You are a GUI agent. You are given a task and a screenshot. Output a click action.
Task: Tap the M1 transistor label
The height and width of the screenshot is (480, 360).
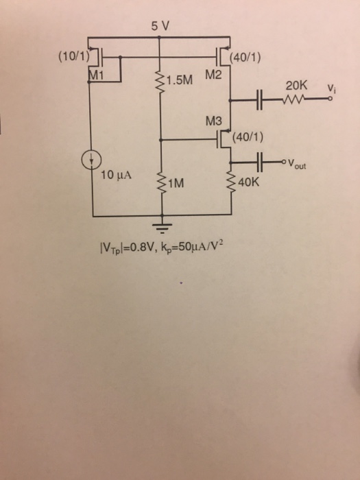tap(95, 74)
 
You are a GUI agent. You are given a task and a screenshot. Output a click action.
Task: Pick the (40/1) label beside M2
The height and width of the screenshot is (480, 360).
tap(245, 57)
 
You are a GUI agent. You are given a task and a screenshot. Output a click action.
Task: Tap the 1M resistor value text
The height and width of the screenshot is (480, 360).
tap(176, 183)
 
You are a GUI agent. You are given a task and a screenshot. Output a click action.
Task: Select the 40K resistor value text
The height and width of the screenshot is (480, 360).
tap(250, 183)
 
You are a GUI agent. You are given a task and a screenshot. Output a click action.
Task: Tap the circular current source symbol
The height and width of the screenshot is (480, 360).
tap(91, 160)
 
